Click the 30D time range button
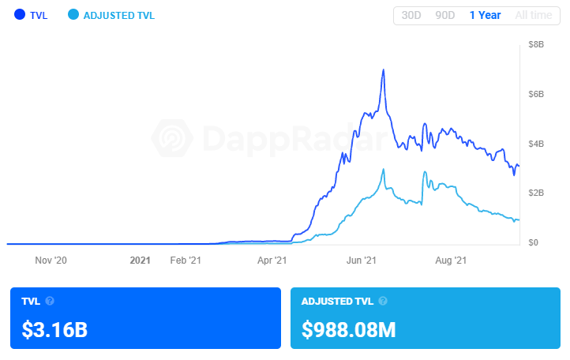tap(411, 15)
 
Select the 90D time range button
tap(444, 15)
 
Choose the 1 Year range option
tap(485, 15)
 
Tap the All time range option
tap(534, 15)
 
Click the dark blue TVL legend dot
tap(20, 15)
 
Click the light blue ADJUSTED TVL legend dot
tap(73, 15)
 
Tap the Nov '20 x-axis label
tap(51, 259)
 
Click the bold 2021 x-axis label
tap(140, 259)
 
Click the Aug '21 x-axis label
tap(452, 259)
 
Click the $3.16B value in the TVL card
tap(54, 328)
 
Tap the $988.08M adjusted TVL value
tap(348, 328)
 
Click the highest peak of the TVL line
tap(383, 70)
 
